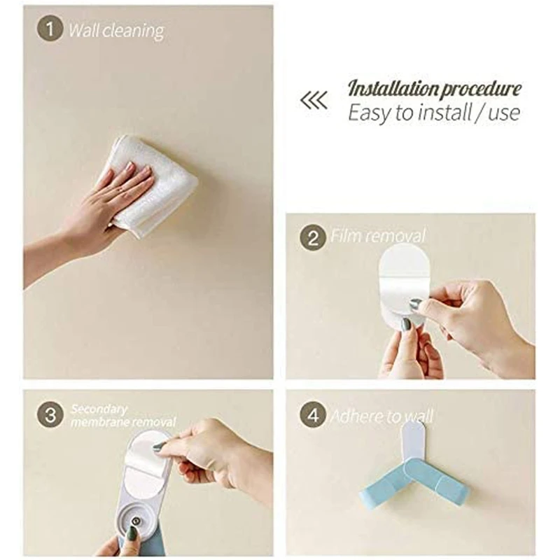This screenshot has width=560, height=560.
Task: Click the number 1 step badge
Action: [50, 28]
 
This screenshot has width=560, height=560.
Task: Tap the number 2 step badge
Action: [313, 237]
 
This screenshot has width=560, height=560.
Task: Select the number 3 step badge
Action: [50, 414]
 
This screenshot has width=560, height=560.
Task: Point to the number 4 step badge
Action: [313, 414]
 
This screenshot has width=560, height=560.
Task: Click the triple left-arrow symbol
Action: [314, 100]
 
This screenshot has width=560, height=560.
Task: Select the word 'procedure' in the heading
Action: [481, 90]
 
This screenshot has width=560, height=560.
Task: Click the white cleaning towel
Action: [150, 185]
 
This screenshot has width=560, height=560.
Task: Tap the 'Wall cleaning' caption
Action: [116, 31]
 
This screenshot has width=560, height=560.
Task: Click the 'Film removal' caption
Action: [378, 236]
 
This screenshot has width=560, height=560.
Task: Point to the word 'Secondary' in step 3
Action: [99, 409]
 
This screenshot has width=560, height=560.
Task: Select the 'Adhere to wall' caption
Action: [381, 416]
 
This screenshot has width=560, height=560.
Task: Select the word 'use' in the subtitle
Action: [503, 113]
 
